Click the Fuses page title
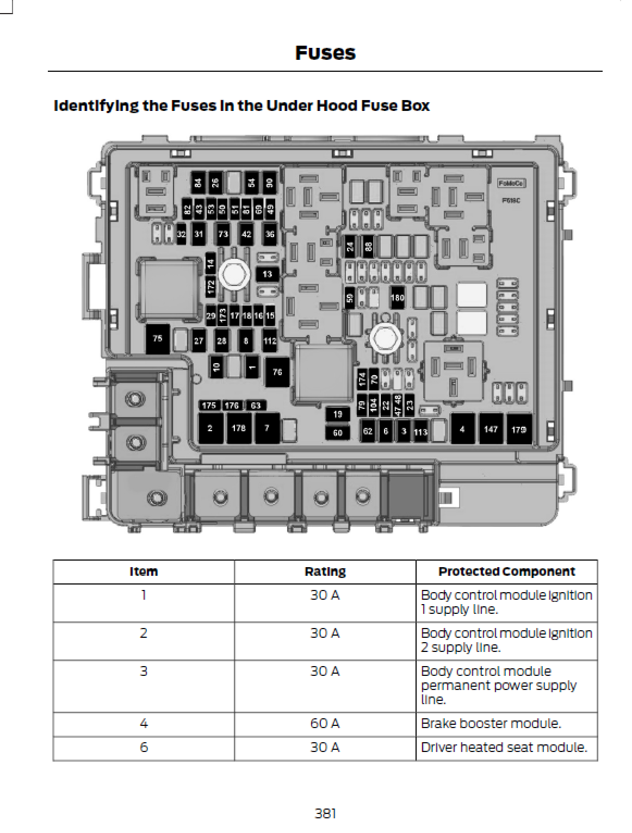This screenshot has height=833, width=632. point(325,53)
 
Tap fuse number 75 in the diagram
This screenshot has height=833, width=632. point(158,339)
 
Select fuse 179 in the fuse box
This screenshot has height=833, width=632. point(519,429)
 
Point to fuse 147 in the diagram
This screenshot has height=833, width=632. point(491,429)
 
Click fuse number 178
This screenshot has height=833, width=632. point(239,428)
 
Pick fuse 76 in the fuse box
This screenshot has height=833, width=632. point(277,372)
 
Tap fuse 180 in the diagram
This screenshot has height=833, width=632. point(398,297)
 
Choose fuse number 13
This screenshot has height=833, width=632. point(268,274)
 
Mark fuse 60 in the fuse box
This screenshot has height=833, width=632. point(338,433)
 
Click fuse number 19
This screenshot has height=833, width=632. point(338,415)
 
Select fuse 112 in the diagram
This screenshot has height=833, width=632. point(270,341)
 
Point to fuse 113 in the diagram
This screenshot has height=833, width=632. point(420,432)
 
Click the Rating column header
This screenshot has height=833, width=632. point(325,572)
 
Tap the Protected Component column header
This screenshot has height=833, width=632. point(506,572)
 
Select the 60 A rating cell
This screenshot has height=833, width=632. point(325,724)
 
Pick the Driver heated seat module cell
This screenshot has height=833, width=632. point(504,748)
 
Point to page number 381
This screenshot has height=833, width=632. point(325,813)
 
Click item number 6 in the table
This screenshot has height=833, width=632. point(144,748)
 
